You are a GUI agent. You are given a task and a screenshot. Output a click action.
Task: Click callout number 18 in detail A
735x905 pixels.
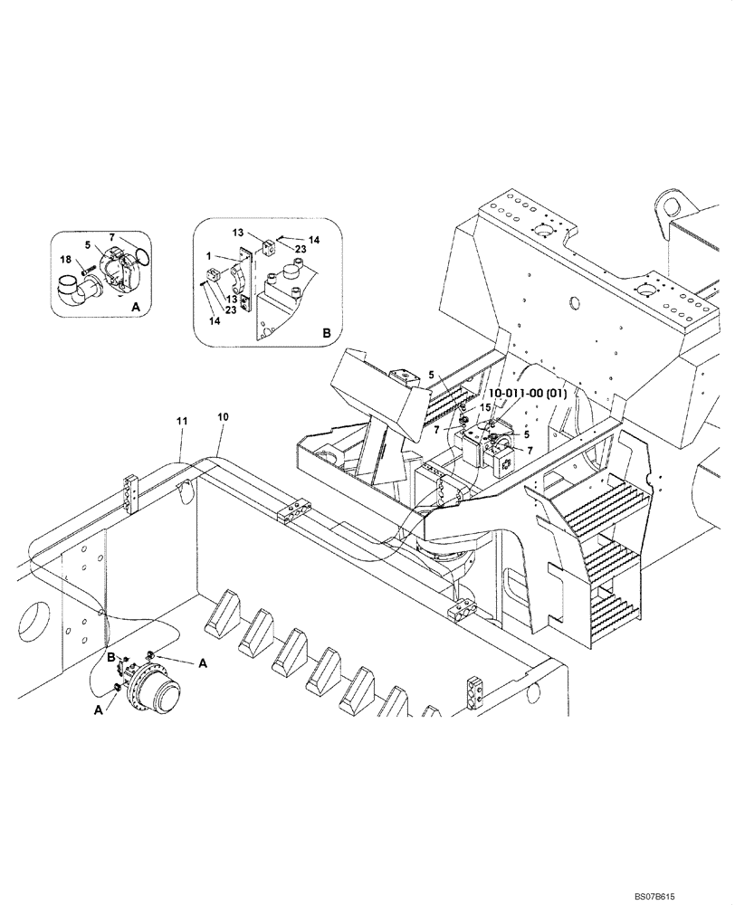(x=66, y=260)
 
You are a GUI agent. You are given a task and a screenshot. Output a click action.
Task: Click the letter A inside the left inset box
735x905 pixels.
(x=135, y=308)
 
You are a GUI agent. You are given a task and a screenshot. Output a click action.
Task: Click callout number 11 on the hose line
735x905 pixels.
(x=181, y=422)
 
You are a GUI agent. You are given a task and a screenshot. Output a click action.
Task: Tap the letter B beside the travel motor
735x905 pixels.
(x=110, y=655)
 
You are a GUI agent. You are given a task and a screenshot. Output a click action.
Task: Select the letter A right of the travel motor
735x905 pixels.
(x=203, y=662)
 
